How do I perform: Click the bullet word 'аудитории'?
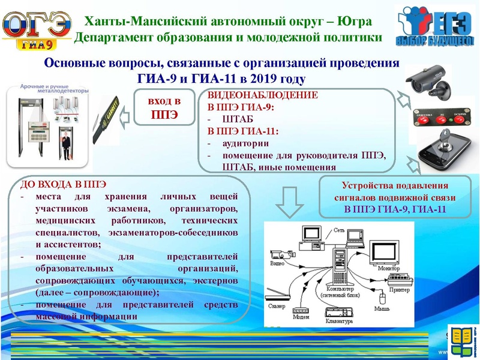[x=245, y=143]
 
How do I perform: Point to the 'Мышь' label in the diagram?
[x=382, y=308]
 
